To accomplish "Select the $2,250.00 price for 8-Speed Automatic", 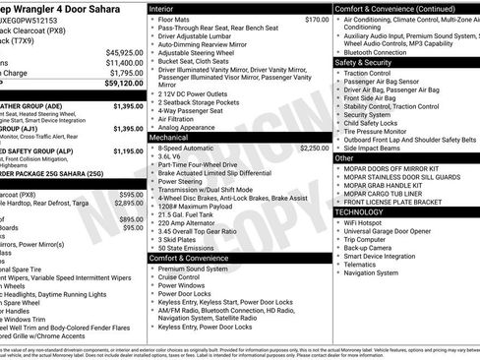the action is click(x=314, y=148).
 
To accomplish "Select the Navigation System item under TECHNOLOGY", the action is click(x=379, y=272).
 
